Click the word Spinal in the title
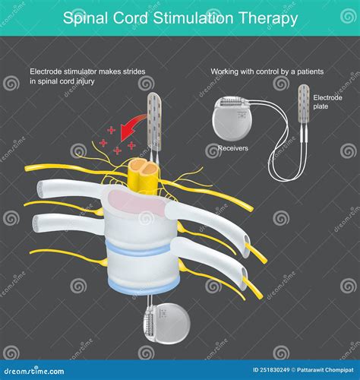[84, 17]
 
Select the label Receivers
[233, 148]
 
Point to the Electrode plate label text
[327, 102]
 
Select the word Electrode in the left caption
[47, 71]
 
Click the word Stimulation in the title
[191, 17]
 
